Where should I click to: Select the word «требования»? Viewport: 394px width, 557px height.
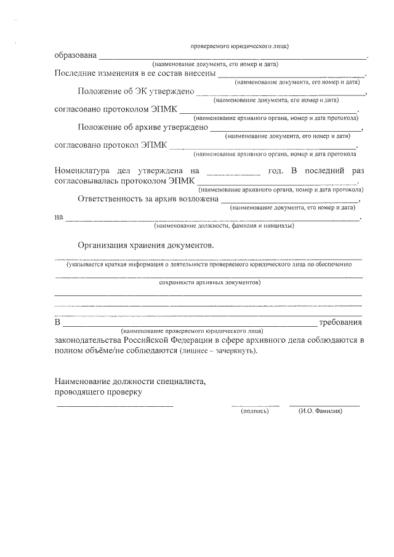(x=341, y=323)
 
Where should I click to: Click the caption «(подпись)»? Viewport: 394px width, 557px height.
(x=255, y=411)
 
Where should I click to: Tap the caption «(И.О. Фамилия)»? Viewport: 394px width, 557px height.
(x=320, y=411)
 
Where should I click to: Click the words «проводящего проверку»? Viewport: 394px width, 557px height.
(x=98, y=392)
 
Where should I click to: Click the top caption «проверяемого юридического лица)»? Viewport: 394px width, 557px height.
(x=239, y=46)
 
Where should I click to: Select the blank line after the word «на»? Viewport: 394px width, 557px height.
(x=213, y=219)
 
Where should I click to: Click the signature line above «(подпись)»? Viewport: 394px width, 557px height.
(x=255, y=405)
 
